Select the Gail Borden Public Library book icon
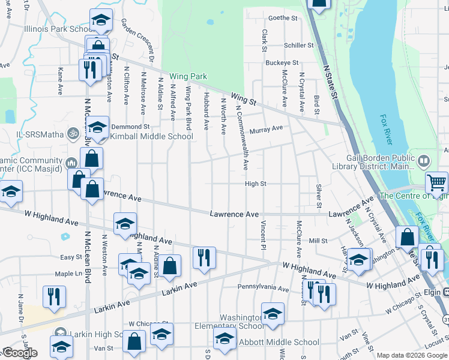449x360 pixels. (424, 161)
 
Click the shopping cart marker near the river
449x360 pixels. (436, 181)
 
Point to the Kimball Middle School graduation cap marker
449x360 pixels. (97, 127)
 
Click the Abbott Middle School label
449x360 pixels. (279, 343)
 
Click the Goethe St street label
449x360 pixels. (283, 19)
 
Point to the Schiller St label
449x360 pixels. (299, 46)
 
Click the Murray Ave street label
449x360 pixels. (266, 129)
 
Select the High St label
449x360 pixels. (255, 184)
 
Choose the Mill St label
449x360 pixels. (318, 241)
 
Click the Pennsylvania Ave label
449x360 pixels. (263, 289)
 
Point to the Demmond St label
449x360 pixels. (130, 127)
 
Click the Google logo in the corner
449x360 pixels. (20, 353)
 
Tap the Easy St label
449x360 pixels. (71, 257)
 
